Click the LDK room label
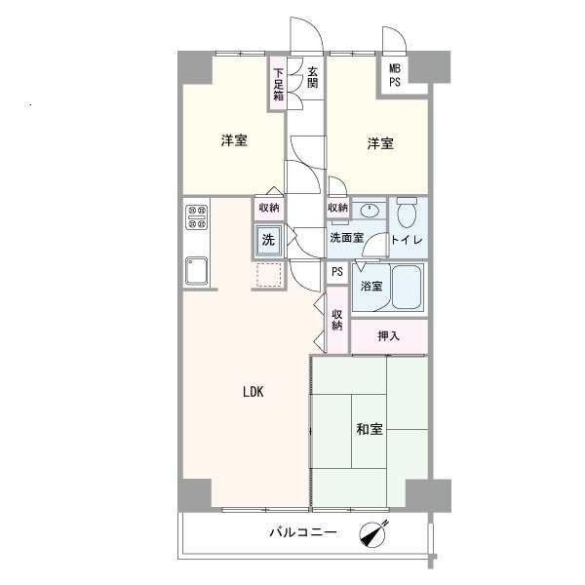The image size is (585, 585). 253,392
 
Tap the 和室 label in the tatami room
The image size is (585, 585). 370,429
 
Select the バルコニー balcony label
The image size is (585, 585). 303,532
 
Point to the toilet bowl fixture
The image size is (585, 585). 407,213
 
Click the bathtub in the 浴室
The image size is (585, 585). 407,287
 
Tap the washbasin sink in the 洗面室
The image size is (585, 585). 370,212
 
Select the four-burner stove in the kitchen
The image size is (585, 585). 197,217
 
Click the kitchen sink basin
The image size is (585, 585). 196,270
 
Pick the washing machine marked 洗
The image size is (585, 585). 268,240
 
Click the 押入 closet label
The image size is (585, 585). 388,336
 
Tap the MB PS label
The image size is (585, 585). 395,75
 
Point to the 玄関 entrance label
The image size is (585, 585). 313,77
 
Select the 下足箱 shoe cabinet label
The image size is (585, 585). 278,85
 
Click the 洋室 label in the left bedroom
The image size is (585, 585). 234,140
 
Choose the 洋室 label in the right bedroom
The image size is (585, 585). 380,143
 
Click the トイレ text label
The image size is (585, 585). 407,240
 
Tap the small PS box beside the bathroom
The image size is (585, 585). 337,272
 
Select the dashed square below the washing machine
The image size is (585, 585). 269,275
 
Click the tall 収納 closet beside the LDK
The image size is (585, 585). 337,320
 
